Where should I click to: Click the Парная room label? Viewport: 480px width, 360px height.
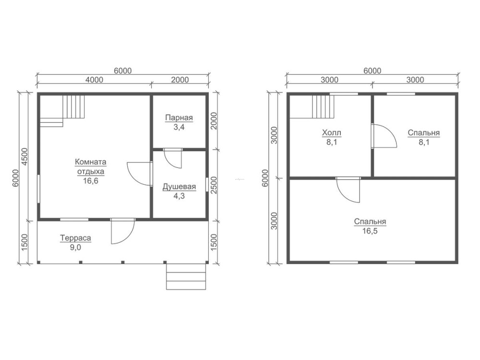tap(179, 118)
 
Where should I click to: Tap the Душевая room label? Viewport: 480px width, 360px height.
tap(179, 187)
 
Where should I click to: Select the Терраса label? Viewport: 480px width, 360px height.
tap(76, 238)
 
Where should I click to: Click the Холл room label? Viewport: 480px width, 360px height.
tap(332, 133)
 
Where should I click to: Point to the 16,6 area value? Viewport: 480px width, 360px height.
tap(91, 181)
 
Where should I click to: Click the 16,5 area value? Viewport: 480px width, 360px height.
tap(370, 231)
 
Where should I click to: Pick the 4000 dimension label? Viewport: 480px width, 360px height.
tap(94, 80)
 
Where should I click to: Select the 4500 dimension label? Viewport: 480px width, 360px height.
tap(24, 157)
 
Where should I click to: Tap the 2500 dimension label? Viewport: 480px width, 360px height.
tap(214, 185)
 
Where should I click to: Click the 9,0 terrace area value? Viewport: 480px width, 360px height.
tap(76, 247)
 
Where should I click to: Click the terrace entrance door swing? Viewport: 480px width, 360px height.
tap(122, 231)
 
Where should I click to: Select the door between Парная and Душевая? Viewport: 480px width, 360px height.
tap(173, 158)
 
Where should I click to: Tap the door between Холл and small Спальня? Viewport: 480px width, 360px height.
tap(384, 136)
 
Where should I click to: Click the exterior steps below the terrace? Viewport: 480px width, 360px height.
tap(186, 276)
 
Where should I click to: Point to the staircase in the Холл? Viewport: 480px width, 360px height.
tap(312, 107)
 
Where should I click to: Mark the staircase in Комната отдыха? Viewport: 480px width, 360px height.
tap(62, 111)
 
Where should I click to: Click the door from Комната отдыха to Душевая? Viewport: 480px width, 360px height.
tap(140, 174)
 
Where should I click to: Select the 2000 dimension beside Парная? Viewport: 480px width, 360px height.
tap(214, 121)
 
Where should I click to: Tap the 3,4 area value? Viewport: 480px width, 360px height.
tap(179, 127)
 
